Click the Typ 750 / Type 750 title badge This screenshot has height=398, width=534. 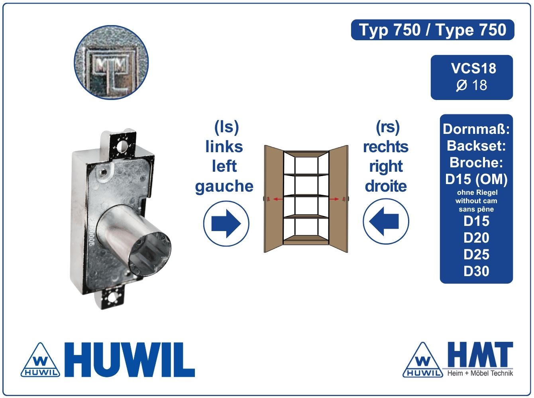point(432,30)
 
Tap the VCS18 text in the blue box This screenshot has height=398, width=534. point(473,68)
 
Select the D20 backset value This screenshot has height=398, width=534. point(476,238)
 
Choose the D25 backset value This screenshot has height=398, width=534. point(476,255)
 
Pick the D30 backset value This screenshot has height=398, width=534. point(476,271)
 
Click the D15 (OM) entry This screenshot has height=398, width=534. point(476,179)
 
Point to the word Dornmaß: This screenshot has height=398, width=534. point(476,129)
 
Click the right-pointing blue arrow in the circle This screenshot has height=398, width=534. point(226,224)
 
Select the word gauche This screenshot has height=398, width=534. point(224,186)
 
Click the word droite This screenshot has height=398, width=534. point(386,186)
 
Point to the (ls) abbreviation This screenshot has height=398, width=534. point(226,127)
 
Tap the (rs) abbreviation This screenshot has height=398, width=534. point(388,127)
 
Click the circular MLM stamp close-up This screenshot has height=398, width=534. point(111,62)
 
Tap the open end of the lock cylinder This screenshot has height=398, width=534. point(149,253)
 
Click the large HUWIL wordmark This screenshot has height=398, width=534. point(130,360)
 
